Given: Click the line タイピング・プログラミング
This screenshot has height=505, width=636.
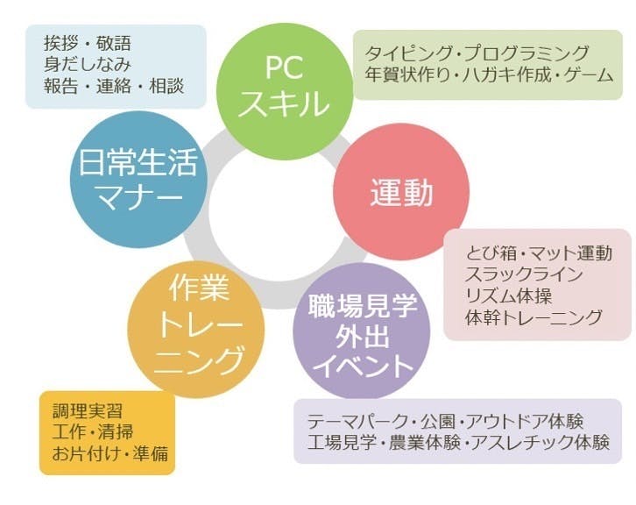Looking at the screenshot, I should (477, 53).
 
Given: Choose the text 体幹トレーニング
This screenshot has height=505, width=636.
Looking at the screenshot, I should (534, 317).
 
